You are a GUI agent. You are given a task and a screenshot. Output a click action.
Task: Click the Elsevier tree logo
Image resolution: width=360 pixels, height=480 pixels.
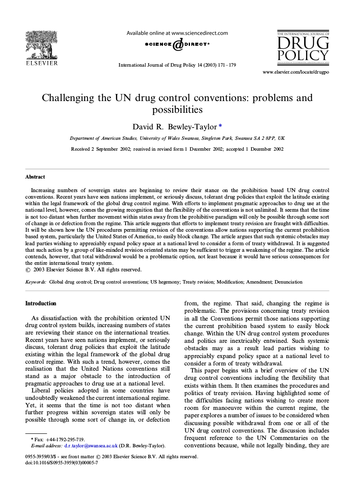[x=41, y=44]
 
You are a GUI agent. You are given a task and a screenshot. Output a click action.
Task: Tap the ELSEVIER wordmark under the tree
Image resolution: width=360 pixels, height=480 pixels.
[x=41, y=64]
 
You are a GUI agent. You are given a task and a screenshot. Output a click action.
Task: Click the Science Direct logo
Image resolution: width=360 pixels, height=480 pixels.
[x=177, y=44]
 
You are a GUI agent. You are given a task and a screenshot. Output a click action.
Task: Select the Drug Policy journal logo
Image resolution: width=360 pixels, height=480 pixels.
[x=303, y=47]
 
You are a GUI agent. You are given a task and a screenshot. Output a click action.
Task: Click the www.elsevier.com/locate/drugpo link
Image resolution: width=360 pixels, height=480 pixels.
[x=295, y=72]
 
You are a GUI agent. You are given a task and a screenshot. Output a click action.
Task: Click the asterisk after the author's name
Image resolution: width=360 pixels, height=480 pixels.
[x=220, y=126]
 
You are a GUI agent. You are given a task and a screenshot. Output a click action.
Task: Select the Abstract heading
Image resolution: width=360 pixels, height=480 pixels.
[x=35, y=177]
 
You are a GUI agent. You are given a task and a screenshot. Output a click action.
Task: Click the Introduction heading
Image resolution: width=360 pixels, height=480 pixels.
[x=41, y=303]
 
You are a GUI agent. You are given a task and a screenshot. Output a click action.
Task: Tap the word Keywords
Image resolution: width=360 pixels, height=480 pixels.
[x=36, y=282]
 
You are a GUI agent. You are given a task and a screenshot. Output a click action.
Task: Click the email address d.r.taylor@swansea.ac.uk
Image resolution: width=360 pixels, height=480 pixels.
[x=91, y=446]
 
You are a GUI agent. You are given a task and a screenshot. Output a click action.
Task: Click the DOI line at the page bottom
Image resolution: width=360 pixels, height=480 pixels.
[x=61, y=463]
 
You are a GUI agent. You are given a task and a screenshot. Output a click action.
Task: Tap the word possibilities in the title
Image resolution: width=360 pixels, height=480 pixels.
[x=177, y=109]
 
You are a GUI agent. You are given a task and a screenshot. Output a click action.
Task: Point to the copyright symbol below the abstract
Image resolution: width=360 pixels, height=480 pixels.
[x=28, y=270]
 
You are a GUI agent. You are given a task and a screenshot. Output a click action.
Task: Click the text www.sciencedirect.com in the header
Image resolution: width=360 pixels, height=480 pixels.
[x=200, y=33]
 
